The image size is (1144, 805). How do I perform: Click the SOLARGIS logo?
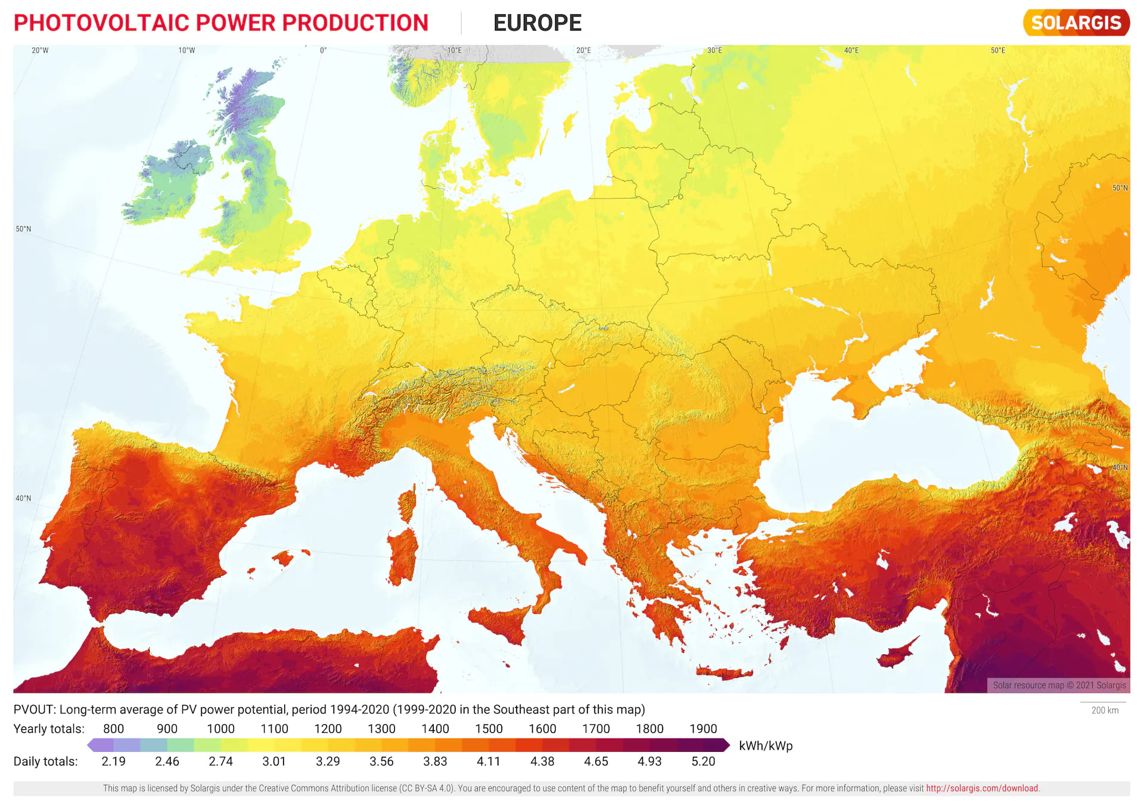tap(1076, 23)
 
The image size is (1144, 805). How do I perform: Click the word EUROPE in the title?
tap(537, 23)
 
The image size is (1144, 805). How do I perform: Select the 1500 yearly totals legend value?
tap(489, 729)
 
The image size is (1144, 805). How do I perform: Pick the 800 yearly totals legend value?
tap(113, 729)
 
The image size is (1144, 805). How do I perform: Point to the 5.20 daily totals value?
tap(703, 761)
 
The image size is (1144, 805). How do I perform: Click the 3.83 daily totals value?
tap(435, 761)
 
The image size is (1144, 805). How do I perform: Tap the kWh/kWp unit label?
tap(766, 746)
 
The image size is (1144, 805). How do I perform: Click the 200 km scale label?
tap(1105, 710)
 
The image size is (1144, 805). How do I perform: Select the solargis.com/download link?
tap(982, 788)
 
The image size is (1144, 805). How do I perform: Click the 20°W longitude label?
tap(40, 51)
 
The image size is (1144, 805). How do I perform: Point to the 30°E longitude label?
tap(714, 51)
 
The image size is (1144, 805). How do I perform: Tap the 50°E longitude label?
tap(997, 51)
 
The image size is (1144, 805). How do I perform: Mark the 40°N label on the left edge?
tap(23, 499)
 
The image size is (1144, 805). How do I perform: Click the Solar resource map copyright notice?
tap(1059, 685)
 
